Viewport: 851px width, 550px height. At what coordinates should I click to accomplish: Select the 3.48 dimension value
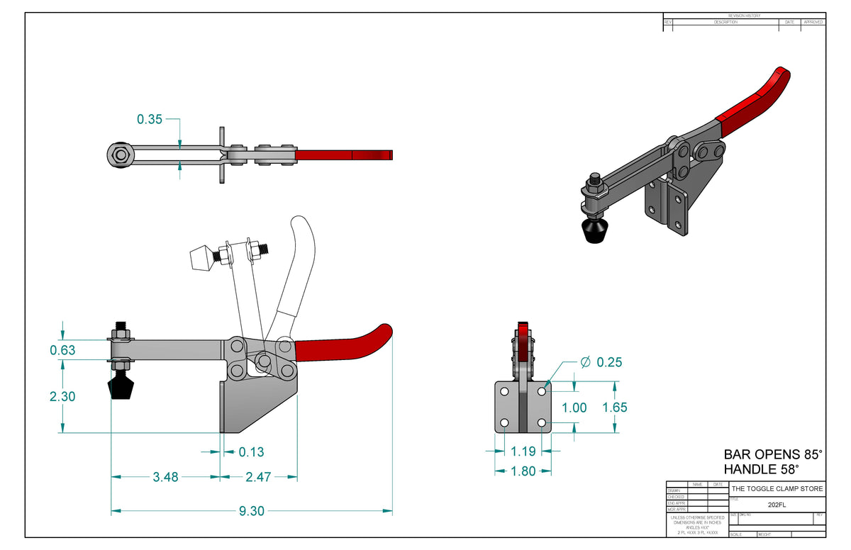point(165,477)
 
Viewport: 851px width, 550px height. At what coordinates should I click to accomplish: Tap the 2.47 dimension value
point(258,477)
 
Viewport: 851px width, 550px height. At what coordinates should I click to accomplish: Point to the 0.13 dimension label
point(251,451)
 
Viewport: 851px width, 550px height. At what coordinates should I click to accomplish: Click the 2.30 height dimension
point(62,397)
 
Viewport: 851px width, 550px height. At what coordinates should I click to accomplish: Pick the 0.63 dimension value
point(62,350)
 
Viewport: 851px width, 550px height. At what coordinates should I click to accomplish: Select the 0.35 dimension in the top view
point(150,120)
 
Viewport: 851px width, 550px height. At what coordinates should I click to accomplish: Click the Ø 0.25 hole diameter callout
point(601,362)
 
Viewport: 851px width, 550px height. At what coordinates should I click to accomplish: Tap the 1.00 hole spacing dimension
point(574,408)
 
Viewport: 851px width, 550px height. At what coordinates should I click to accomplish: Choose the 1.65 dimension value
point(614,408)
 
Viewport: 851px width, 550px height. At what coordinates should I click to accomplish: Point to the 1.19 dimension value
point(523,450)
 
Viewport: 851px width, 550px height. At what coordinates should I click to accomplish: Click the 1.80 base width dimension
point(523,471)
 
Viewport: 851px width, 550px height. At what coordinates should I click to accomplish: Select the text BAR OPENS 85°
point(773,454)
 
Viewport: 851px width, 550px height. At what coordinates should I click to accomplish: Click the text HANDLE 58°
point(761,468)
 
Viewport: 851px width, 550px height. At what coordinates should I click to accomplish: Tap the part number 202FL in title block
point(777,505)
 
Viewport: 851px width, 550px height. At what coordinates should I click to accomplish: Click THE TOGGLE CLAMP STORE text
point(777,489)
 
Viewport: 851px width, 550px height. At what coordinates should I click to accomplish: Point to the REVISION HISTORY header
point(744,16)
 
